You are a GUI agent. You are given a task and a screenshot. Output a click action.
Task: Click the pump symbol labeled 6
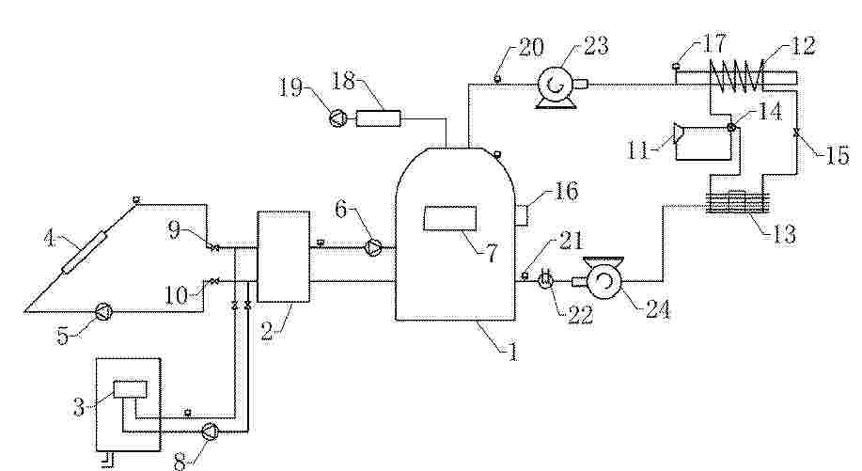tap(374, 247)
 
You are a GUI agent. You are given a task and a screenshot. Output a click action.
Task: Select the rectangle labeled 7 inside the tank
tap(449, 218)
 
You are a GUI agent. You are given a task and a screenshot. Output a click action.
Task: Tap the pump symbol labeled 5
tap(104, 311)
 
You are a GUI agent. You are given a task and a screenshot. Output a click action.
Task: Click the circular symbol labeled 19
tap(337, 118)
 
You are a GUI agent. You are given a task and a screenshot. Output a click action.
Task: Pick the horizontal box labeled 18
tap(378, 118)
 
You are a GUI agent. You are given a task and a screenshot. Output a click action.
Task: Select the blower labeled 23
tap(559, 86)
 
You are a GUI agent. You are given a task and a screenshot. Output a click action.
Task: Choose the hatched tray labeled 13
tap(737, 202)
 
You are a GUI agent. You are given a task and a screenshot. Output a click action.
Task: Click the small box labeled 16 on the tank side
tap(521, 213)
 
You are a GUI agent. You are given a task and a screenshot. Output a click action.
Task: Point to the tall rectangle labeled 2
tap(283, 256)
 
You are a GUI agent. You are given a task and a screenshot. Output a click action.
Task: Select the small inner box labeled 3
tap(131, 389)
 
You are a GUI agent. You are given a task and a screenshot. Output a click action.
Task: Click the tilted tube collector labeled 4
tap(85, 253)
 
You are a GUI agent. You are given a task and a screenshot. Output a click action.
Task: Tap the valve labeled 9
tap(213, 247)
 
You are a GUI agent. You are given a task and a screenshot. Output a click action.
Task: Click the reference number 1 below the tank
tap(513, 352)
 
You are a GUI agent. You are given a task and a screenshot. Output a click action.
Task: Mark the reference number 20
tap(531, 47)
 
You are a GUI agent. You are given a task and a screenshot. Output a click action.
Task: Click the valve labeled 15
tap(796, 133)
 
